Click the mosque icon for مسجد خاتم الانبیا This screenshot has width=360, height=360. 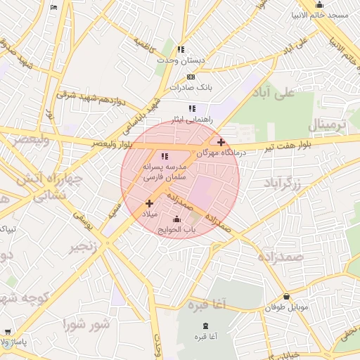coord(320,5)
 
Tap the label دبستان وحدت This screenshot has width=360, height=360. coord(181,60)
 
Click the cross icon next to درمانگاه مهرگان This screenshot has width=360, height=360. coord(221,142)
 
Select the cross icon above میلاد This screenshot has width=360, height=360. coord(149,203)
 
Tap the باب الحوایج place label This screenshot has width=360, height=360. coord(176,229)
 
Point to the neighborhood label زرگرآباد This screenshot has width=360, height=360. coord(282,183)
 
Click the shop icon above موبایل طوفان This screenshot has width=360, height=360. coord(286,297)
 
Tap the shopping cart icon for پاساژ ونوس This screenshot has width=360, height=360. coord(7,332)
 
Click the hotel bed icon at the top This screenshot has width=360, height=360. coord(55,6)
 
